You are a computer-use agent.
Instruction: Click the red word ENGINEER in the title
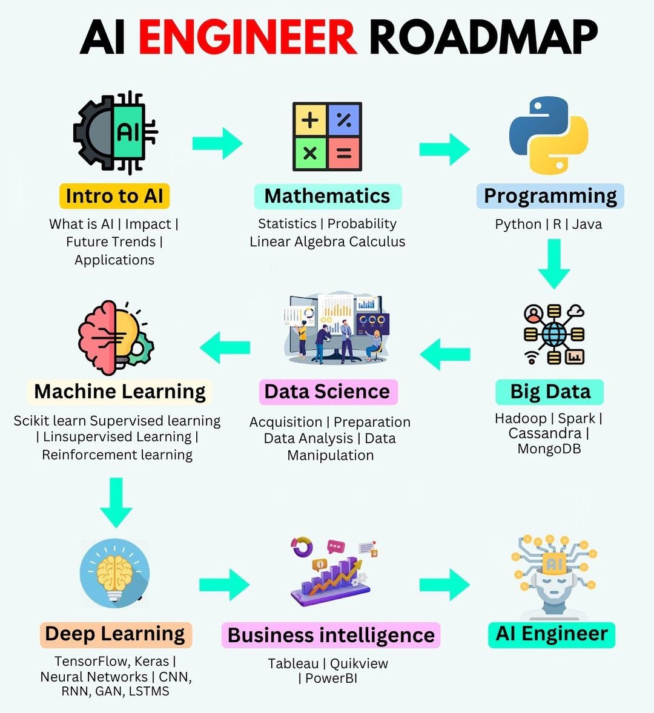point(247,38)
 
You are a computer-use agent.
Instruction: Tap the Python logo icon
point(549,136)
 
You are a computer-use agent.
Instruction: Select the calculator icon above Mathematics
point(327,137)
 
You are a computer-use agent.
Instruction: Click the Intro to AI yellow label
point(114,196)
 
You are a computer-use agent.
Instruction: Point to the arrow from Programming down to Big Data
point(553,263)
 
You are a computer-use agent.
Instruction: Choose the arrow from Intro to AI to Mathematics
point(217,143)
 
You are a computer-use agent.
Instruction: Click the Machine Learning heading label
point(120,392)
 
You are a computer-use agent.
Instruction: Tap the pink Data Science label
point(327,392)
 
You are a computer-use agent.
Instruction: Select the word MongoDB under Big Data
point(549,449)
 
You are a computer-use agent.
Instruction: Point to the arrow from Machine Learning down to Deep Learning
point(116,502)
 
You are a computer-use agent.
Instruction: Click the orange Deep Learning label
point(115,634)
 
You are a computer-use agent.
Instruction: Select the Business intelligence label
point(331,636)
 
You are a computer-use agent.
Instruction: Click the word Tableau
point(293,664)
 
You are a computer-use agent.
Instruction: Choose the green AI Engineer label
point(551,634)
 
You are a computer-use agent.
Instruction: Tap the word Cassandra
point(544,433)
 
